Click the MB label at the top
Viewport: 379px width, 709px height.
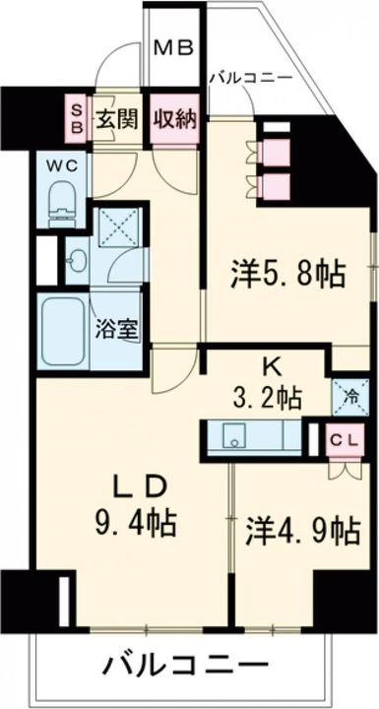[x=177, y=47]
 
